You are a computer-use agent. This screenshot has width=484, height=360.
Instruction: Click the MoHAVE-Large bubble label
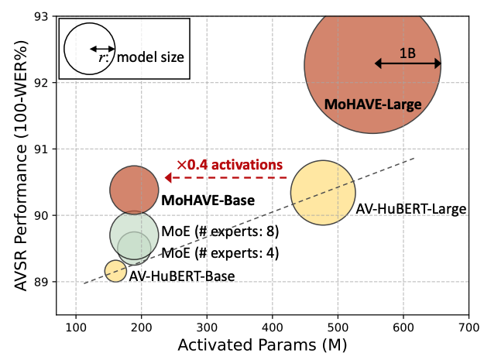click(373, 105)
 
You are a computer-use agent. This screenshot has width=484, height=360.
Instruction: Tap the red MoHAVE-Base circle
click(134, 190)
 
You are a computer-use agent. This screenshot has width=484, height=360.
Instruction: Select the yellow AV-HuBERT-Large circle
click(323, 193)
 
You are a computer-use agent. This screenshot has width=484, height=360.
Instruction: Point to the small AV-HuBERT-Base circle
click(115, 271)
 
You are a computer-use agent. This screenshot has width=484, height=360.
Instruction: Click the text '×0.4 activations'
click(230, 165)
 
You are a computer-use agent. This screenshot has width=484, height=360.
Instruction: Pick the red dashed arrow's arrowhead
click(168, 178)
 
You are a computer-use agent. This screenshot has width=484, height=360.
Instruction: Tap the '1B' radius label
click(407, 53)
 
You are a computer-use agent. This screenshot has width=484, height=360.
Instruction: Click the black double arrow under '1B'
click(408, 63)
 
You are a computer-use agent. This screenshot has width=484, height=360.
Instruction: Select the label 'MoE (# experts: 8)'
click(220, 231)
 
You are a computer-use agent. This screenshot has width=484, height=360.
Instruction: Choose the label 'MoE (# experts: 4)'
click(220, 253)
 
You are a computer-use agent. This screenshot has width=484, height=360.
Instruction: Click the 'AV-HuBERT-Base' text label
click(182, 276)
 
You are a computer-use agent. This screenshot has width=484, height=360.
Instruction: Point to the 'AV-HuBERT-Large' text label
click(411, 209)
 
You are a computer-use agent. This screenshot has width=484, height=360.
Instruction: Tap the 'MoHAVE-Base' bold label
click(208, 201)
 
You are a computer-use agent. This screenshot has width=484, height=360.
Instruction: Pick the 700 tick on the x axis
click(469, 327)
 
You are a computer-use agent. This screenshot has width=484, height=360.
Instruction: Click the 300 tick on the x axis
click(207, 327)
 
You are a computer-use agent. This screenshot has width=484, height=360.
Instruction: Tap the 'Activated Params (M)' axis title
click(263, 345)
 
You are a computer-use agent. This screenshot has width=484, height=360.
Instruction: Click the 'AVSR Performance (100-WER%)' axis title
click(21, 166)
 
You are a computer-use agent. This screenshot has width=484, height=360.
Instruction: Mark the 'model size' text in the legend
click(150, 57)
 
